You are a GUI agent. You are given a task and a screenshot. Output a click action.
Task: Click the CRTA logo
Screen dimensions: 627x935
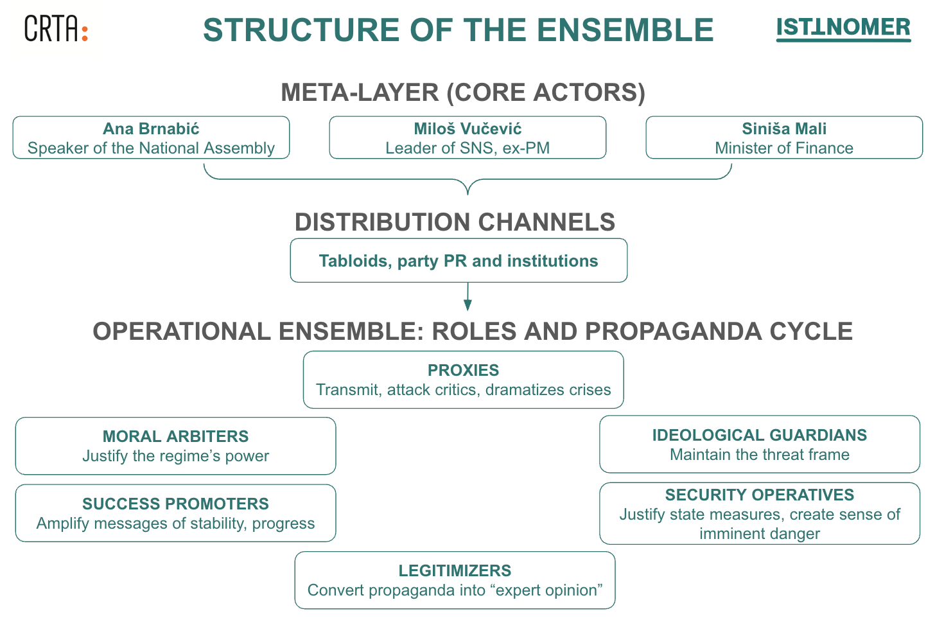(56, 29)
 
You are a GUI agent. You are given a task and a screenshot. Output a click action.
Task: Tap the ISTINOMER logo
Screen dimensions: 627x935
(843, 28)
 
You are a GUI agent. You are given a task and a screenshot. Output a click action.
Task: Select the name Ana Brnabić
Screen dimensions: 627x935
(151, 128)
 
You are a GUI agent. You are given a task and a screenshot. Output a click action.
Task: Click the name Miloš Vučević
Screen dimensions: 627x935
(468, 128)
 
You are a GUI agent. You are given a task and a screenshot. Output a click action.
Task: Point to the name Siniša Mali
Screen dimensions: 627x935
(784, 128)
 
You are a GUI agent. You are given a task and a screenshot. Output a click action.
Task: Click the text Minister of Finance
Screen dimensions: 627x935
(784, 148)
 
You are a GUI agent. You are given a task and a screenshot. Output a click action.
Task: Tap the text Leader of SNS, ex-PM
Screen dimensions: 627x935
(468, 148)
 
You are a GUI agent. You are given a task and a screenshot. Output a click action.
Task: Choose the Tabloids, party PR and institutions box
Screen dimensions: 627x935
(459, 261)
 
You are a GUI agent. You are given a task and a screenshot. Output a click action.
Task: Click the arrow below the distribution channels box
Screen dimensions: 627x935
(468, 297)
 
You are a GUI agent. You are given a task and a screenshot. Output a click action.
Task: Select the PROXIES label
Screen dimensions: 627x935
(463, 370)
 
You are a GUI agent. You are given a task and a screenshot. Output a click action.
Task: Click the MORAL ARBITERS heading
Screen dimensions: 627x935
(175, 436)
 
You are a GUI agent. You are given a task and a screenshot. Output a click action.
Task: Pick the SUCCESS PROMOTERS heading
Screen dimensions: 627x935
(175, 504)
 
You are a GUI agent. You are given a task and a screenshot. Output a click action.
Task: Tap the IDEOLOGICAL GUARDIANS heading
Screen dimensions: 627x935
(760, 435)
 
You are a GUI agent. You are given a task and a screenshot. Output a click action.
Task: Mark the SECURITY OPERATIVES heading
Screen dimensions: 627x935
(760, 495)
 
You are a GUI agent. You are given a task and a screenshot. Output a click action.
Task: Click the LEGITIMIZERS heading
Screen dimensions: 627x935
(455, 570)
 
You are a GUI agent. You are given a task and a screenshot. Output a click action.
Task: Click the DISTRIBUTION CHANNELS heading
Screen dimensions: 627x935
(455, 222)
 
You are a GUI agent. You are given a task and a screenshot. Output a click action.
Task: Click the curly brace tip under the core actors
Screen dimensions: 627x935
(468, 192)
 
